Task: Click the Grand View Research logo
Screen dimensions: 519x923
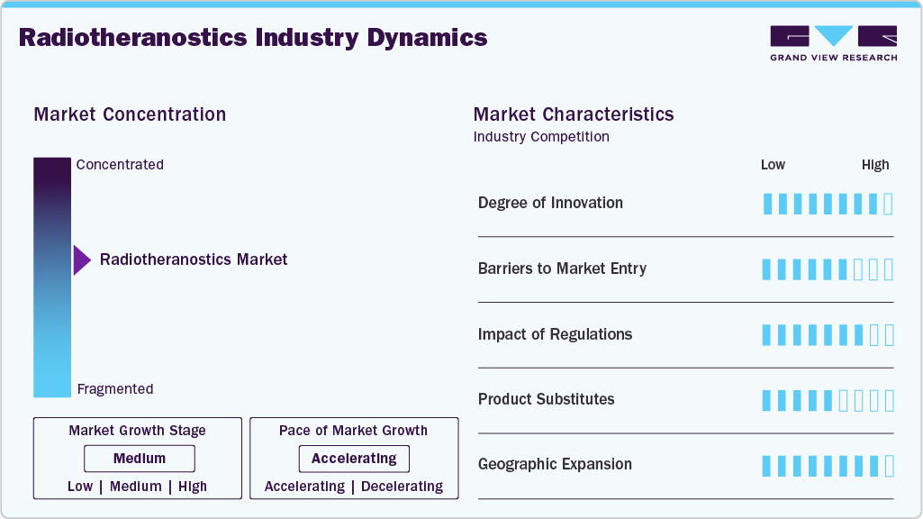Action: [x=833, y=43]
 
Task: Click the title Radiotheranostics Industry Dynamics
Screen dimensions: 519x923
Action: [x=253, y=38]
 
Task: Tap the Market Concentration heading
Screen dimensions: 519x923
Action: [x=130, y=114]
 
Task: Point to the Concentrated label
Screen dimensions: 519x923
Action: [x=120, y=165]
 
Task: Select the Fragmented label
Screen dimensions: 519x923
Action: [x=115, y=389]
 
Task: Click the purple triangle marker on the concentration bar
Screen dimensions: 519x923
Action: [x=82, y=259]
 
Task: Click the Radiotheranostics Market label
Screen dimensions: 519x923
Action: [x=194, y=259]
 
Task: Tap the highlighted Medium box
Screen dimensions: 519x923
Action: [x=140, y=459]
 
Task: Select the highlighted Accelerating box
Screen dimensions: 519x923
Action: [x=354, y=459]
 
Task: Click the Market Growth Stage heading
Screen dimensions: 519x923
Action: [x=137, y=431]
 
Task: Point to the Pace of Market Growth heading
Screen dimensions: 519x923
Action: [x=353, y=431]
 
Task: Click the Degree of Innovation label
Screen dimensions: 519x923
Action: [x=550, y=203]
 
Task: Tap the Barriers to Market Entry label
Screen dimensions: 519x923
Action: [x=562, y=269]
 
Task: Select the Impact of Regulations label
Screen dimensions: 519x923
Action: [x=555, y=334]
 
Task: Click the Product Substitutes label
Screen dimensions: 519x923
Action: [x=546, y=399]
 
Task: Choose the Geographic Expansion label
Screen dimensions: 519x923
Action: [x=555, y=465]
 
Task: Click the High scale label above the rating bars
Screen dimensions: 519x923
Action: [x=874, y=165]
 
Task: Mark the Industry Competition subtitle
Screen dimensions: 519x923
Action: [x=541, y=137]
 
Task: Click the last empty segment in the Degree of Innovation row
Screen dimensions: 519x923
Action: [x=889, y=204]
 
